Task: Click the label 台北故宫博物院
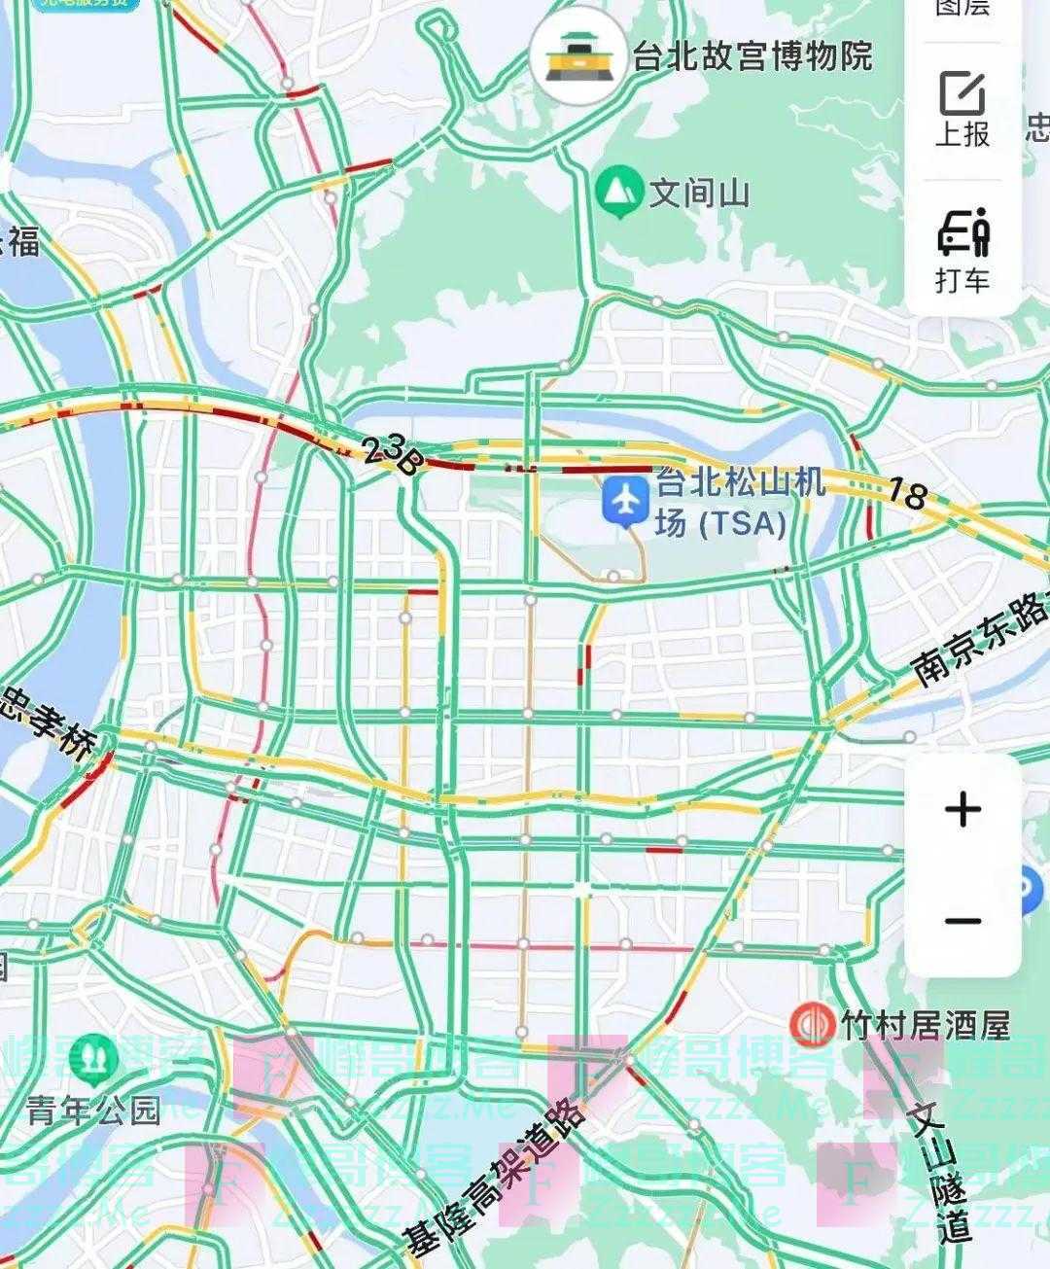coord(752,56)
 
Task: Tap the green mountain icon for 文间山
coord(618,191)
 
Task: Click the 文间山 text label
coord(700,193)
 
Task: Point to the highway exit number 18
coord(906,494)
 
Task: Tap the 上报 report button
coord(962,110)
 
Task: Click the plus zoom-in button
coord(962,809)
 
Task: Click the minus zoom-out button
coord(962,920)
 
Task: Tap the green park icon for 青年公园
coord(92,1060)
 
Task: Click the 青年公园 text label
coord(92,1110)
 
